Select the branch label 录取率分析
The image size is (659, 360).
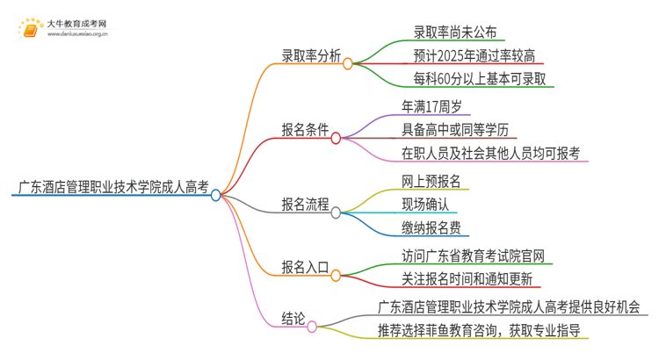coord(305,53)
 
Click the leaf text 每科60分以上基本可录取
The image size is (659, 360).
coord(481,79)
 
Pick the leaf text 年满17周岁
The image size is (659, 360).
coord(437,106)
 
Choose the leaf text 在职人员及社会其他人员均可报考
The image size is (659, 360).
coord(493,154)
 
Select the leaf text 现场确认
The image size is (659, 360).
coord(424,205)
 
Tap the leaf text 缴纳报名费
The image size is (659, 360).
coord(431,229)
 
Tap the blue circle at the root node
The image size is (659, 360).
coord(216,196)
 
